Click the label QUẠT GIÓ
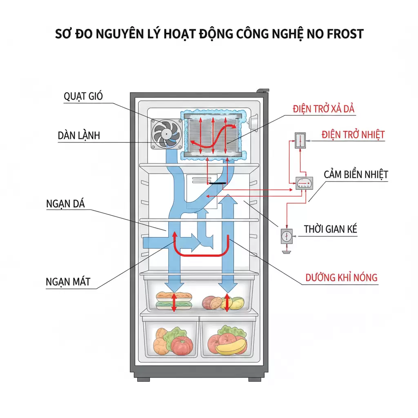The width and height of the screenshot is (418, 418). [83, 96]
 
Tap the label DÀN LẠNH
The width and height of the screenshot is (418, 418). [79, 136]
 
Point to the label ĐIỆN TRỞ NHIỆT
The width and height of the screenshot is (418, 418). [353, 134]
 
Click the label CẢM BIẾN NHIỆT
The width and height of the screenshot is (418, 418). [356, 174]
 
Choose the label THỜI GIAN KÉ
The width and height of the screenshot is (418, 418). [330, 229]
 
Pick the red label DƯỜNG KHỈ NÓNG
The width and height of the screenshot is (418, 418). [342, 278]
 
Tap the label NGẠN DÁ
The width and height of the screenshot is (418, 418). [65, 204]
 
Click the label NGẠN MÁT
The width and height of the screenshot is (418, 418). [68, 281]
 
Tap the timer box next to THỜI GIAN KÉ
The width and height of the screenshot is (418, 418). [287, 236]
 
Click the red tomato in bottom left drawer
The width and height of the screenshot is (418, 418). [182, 346]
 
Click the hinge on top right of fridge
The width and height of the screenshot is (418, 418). [263, 90]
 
